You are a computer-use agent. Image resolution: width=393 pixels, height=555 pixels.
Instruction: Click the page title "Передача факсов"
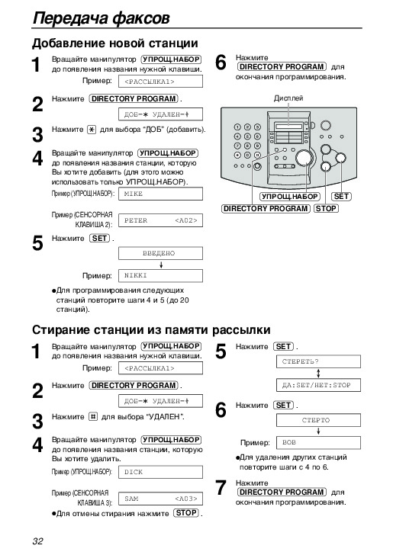[x=101, y=18]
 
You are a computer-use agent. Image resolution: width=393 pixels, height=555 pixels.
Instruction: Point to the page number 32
[x=37, y=541]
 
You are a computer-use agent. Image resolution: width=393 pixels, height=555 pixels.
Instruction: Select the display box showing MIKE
[x=160, y=194]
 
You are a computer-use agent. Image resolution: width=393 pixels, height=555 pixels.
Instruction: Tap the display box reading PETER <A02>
[x=160, y=220]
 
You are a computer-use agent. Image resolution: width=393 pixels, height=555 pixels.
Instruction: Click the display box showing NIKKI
[x=160, y=276]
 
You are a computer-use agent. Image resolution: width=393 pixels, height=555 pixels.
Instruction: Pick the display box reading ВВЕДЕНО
[x=160, y=253]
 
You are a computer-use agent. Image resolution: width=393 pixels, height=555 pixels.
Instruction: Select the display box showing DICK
[x=160, y=472]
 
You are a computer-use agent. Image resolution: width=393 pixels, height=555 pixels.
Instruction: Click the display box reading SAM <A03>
[x=160, y=499]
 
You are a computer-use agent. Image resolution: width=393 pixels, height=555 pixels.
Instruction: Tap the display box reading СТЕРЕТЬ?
[x=318, y=361]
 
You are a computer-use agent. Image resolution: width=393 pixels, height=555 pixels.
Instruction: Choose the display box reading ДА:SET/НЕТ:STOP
[x=318, y=385]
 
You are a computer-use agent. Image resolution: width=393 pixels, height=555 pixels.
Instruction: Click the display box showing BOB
[x=318, y=443]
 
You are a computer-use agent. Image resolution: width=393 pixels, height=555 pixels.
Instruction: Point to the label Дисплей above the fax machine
[x=288, y=98]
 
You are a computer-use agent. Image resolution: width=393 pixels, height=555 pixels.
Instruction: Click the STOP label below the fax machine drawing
[x=326, y=208]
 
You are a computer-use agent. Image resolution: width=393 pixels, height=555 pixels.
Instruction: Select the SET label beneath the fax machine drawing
[x=341, y=196]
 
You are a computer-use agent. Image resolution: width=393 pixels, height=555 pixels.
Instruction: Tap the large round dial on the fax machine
[x=304, y=158]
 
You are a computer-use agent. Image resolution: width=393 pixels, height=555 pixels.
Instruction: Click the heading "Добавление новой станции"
[x=115, y=43]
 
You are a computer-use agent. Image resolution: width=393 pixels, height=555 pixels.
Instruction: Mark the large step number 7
[x=221, y=488]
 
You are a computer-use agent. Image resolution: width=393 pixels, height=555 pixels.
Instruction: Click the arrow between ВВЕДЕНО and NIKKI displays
[x=161, y=265]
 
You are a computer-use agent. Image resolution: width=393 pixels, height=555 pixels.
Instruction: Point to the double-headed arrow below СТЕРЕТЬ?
[x=318, y=374]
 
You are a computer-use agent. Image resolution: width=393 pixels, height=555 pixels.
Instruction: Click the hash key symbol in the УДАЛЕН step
[x=92, y=416]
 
